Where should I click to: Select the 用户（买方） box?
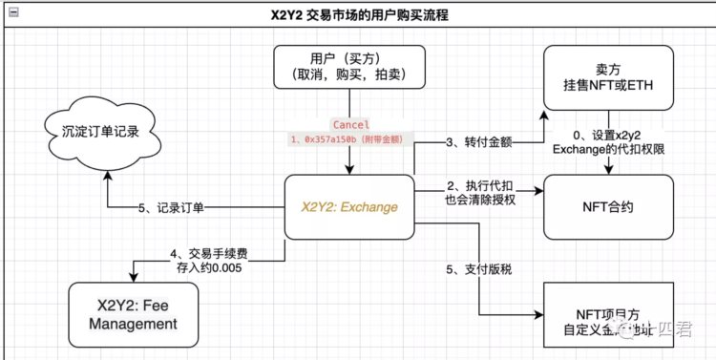(x=348, y=75)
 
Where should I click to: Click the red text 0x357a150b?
(x=330, y=139)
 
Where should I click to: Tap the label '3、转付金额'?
(x=480, y=142)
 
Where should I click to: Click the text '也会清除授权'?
(x=481, y=201)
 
